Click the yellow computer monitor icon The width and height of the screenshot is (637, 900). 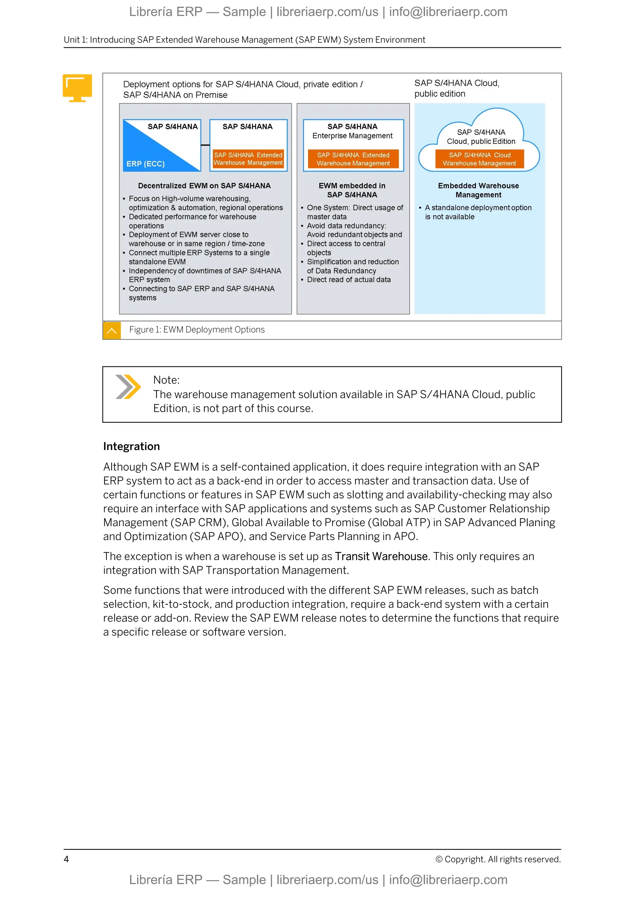(77, 87)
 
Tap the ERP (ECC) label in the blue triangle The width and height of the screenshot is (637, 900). (145, 164)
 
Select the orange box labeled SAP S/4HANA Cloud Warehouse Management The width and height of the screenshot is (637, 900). (479, 159)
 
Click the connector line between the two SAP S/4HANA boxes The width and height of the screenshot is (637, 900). (205, 145)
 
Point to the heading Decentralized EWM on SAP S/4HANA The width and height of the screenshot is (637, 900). (204, 186)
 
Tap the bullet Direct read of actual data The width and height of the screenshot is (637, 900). (348, 279)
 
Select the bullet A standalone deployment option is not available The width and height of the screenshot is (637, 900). (478, 212)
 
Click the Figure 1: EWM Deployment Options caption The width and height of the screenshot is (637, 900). (197, 330)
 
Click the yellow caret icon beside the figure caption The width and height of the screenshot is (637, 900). (112, 330)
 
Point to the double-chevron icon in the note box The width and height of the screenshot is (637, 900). (128, 387)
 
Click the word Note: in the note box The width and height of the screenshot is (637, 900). (166, 380)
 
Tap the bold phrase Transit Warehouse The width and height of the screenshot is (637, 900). (381, 556)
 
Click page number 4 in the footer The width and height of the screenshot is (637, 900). (66, 859)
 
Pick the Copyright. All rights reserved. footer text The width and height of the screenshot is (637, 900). (498, 859)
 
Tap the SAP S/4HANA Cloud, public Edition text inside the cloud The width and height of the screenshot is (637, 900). (481, 137)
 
